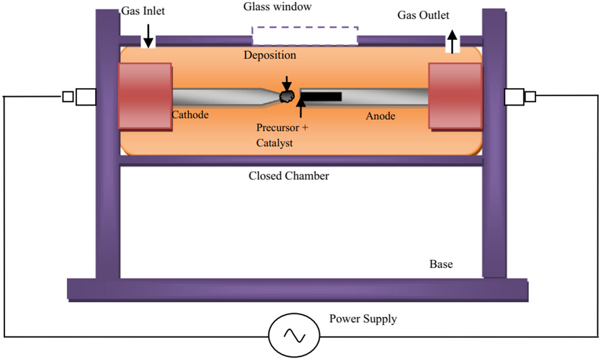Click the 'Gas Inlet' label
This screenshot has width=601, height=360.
[x=143, y=11]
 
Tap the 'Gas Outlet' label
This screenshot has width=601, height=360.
[x=423, y=15]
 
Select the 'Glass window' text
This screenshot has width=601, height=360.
[x=278, y=6]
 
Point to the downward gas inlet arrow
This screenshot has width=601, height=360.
[x=148, y=36]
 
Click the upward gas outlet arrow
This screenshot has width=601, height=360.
[x=453, y=42]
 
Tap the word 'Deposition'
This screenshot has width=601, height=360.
[x=270, y=55]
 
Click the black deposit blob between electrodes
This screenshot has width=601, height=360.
[x=286, y=97]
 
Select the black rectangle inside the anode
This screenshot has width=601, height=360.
[x=321, y=97]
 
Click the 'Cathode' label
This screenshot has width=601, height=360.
[x=190, y=115]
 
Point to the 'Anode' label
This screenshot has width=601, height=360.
[x=380, y=116]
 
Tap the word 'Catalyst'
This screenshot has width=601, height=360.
[x=274, y=143]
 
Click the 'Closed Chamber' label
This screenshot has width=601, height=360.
[x=289, y=176]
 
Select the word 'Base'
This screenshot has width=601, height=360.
[x=441, y=264]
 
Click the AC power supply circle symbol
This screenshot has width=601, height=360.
[x=294, y=336]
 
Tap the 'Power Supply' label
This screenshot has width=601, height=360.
[x=363, y=319]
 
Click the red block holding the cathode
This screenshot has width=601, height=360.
[x=145, y=96]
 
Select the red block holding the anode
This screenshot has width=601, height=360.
[x=455, y=96]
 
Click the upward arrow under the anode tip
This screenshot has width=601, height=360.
[x=301, y=108]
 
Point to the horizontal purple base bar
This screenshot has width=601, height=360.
[x=298, y=290]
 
